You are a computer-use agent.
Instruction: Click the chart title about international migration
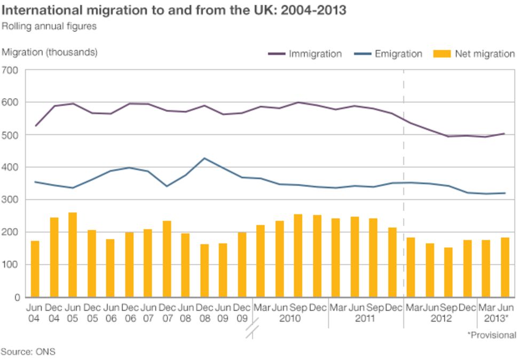click(173, 11)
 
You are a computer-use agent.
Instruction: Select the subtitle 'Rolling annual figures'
click(49, 26)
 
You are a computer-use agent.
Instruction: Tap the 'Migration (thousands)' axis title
click(50, 52)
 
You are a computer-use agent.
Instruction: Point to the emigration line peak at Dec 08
click(204, 158)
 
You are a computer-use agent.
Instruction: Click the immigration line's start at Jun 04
click(35, 126)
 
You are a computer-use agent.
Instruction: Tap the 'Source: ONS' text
click(28, 351)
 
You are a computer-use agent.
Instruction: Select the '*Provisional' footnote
click(492, 335)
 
